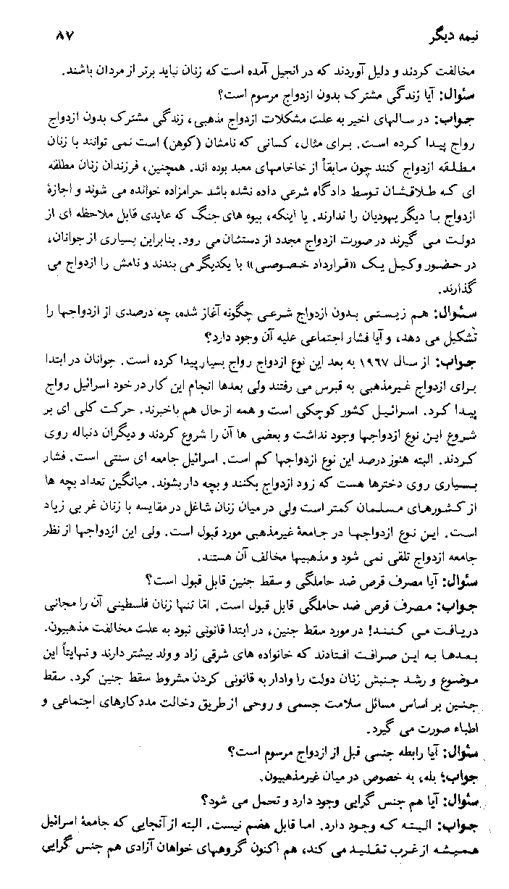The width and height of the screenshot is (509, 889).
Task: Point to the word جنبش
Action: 344,662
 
